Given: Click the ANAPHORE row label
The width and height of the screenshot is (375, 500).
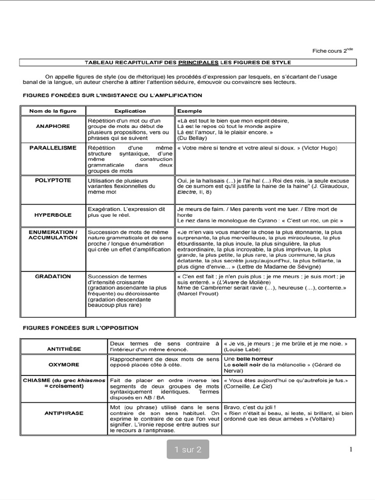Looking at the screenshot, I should tap(53, 126).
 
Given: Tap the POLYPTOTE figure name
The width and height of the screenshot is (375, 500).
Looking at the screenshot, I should tap(53, 180).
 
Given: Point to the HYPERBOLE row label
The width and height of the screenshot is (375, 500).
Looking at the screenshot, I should tap(53, 214).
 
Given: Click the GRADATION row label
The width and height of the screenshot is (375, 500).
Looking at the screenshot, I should tap(53, 276).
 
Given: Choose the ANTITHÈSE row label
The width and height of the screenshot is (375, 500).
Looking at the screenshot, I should tap(64, 349).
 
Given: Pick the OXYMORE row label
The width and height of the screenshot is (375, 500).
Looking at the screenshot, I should tap(64, 364).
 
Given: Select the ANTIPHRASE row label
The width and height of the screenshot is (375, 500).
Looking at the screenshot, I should tap(64, 413).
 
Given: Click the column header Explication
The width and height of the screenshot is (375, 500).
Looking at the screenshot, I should tap(130, 111).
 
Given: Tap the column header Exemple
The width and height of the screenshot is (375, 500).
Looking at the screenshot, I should tap(189, 111).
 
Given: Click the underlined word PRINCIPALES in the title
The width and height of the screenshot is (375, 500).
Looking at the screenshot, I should tap(198, 62).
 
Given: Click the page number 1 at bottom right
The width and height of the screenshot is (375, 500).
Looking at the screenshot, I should tap(351, 450).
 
